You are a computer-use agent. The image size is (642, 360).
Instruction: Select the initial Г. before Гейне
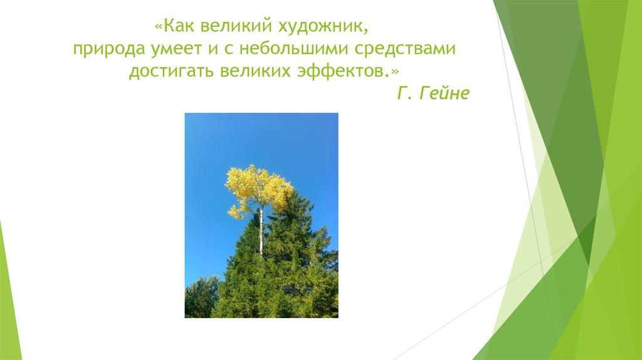404,94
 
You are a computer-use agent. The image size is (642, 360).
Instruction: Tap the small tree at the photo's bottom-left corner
201,297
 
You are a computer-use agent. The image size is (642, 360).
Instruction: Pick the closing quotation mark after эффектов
394,70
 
